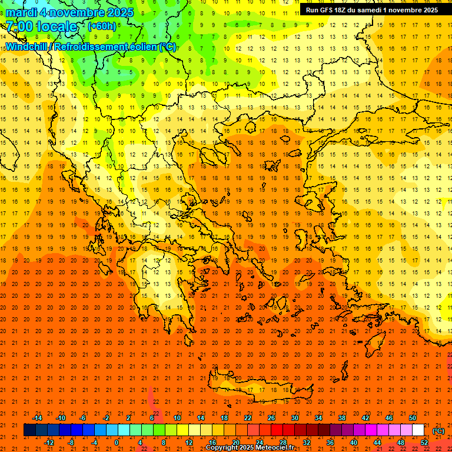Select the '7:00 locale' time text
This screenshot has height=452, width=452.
tap(41, 26)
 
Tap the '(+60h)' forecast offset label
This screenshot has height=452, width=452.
tap(102, 26)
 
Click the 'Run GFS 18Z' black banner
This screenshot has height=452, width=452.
tap(371, 10)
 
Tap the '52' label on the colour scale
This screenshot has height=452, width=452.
tap(424, 442)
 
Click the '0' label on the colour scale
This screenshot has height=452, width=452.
tap(117, 442)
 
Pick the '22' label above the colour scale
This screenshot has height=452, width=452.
tap(248, 418)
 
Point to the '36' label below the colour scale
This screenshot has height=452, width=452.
tap(330, 442)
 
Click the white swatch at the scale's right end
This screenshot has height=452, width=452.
tap(418, 430)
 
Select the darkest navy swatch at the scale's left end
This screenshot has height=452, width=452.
tap(29, 430)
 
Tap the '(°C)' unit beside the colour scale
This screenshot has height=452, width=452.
tap(438, 431)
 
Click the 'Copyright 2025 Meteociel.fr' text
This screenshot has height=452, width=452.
tap(250, 448)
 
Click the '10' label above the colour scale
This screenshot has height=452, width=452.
tap(177, 418)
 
